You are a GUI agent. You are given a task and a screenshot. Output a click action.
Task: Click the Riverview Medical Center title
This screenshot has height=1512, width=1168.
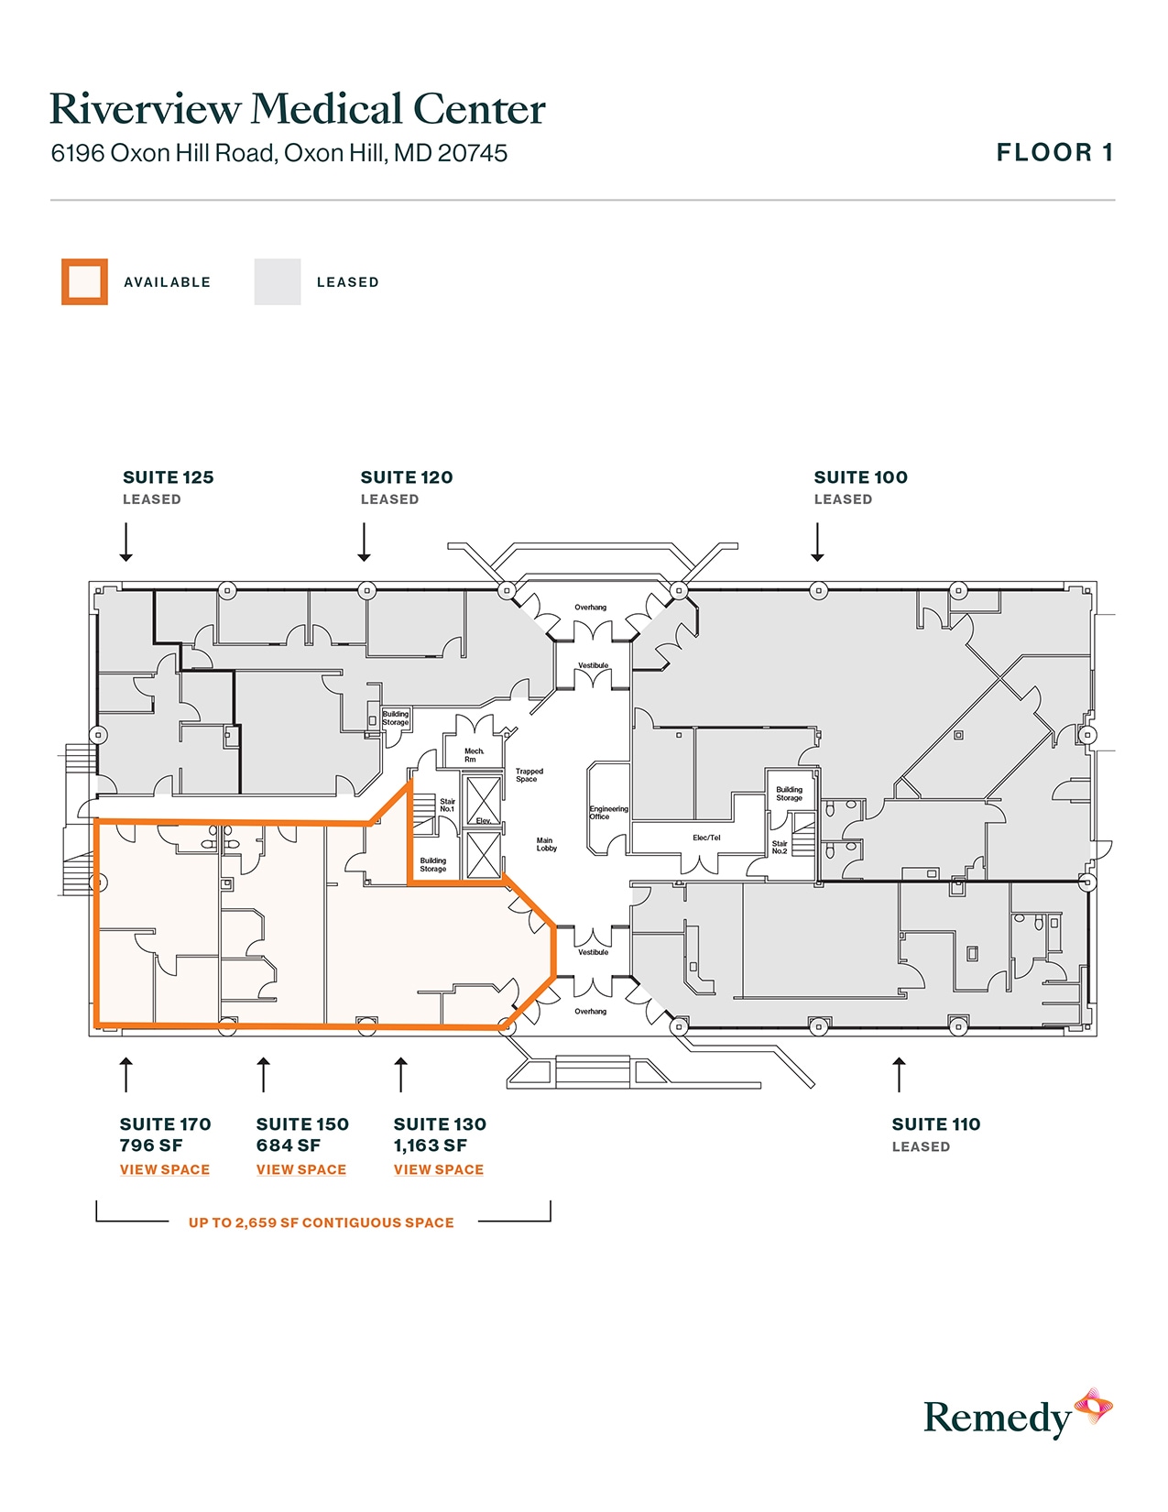pyautogui.click(x=297, y=109)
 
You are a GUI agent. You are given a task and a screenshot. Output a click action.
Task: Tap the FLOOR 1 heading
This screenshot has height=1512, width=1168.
pyautogui.click(x=1054, y=153)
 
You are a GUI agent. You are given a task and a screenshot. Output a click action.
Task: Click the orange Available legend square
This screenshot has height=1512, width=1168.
pyautogui.click(x=84, y=282)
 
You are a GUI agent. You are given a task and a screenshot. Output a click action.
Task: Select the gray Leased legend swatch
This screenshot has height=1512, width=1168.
pyautogui.click(x=278, y=282)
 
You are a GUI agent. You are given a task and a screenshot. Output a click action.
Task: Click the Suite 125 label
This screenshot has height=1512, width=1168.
pyautogui.click(x=168, y=477)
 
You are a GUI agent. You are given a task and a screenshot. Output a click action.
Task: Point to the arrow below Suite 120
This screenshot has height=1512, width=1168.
pyautogui.click(x=365, y=542)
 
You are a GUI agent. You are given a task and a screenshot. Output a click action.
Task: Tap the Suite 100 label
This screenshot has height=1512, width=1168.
pyautogui.click(x=860, y=477)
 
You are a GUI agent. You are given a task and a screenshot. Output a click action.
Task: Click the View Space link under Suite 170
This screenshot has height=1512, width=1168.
pyautogui.click(x=165, y=1170)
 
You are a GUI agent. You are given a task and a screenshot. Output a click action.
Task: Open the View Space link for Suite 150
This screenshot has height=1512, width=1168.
pyautogui.click(x=301, y=1170)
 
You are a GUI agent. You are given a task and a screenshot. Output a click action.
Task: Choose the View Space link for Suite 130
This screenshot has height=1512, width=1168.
pyautogui.click(x=439, y=1170)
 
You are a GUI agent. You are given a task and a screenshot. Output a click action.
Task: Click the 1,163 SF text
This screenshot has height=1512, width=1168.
pyautogui.click(x=431, y=1145)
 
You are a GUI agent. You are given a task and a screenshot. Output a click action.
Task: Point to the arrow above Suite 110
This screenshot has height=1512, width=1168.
pyautogui.click(x=899, y=1074)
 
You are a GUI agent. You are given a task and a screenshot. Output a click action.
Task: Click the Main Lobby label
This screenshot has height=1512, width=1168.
pyautogui.click(x=546, y=844)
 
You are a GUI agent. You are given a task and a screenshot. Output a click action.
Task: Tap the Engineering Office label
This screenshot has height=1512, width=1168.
pyautogui.click(x=608, y=813)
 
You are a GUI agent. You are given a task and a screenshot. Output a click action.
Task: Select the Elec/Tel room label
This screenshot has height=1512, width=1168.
pyautogui.click(x=706, y=838)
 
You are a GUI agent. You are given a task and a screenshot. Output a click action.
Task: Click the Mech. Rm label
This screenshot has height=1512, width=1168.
pyautogui.click(x=474, y=755)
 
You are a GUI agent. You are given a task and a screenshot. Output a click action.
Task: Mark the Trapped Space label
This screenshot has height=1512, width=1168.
pyautogui.click(x=529, y=775)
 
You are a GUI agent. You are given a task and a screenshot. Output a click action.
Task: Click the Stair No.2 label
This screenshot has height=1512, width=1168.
pyautogui.click(x=780, y=848)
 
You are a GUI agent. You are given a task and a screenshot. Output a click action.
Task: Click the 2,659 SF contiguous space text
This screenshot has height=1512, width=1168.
pyautogui.click(x=321, y=1223)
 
